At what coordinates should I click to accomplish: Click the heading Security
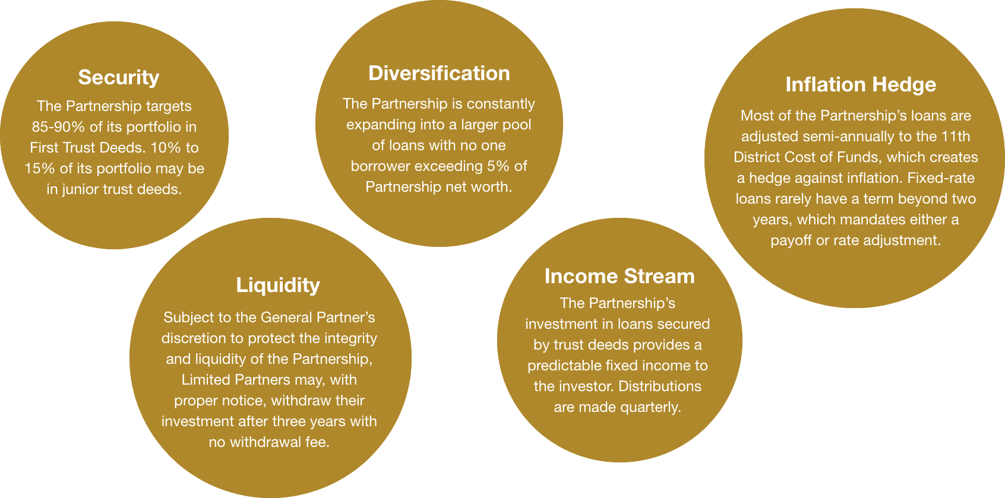coord(118,78)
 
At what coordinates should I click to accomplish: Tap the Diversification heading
coord(439,73)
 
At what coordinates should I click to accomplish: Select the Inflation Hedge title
coord(861,84)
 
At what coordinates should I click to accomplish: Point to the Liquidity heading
coord(278,286)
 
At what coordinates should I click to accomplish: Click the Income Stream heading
coord(620,276)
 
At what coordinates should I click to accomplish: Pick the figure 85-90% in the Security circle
coord(58,127)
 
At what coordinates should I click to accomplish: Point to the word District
coord(754,157)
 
